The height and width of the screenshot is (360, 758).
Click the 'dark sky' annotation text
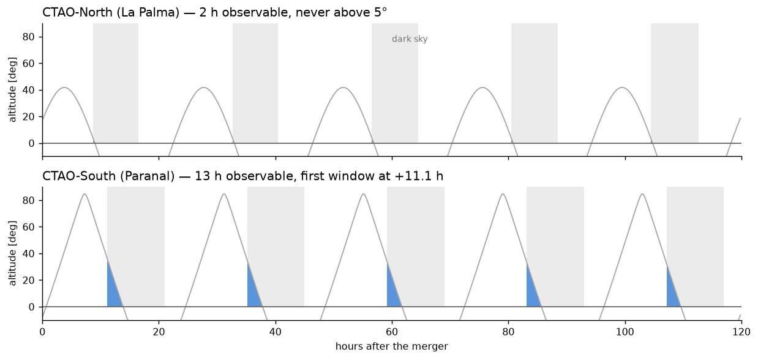point(410,39)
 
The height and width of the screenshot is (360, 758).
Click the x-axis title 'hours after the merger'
point(391,346)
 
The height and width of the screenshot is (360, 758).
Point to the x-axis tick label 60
point(392,332)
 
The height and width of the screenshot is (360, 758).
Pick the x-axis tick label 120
point(741,332)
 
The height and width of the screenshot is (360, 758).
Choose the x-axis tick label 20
point(159,332)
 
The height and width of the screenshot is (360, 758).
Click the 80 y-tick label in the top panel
point(28,37)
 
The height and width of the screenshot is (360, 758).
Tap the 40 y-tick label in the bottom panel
point(28,253)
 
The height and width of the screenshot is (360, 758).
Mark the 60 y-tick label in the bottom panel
point(28,227)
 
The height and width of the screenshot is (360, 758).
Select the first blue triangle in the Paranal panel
point(112,291)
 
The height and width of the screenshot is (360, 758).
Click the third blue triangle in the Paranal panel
point(392,293)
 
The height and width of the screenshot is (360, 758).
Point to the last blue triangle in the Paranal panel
point(672,294)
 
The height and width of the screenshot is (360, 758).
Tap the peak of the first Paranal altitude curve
point(84,194)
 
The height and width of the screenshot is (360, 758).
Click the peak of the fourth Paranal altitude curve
point(503,194)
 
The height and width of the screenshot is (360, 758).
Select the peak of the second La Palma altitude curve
point(204,88)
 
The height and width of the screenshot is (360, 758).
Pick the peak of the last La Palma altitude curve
point(622,88)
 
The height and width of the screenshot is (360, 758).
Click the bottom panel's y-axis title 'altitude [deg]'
point(12,253)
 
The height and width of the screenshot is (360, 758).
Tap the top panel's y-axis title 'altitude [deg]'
point(12,89)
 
